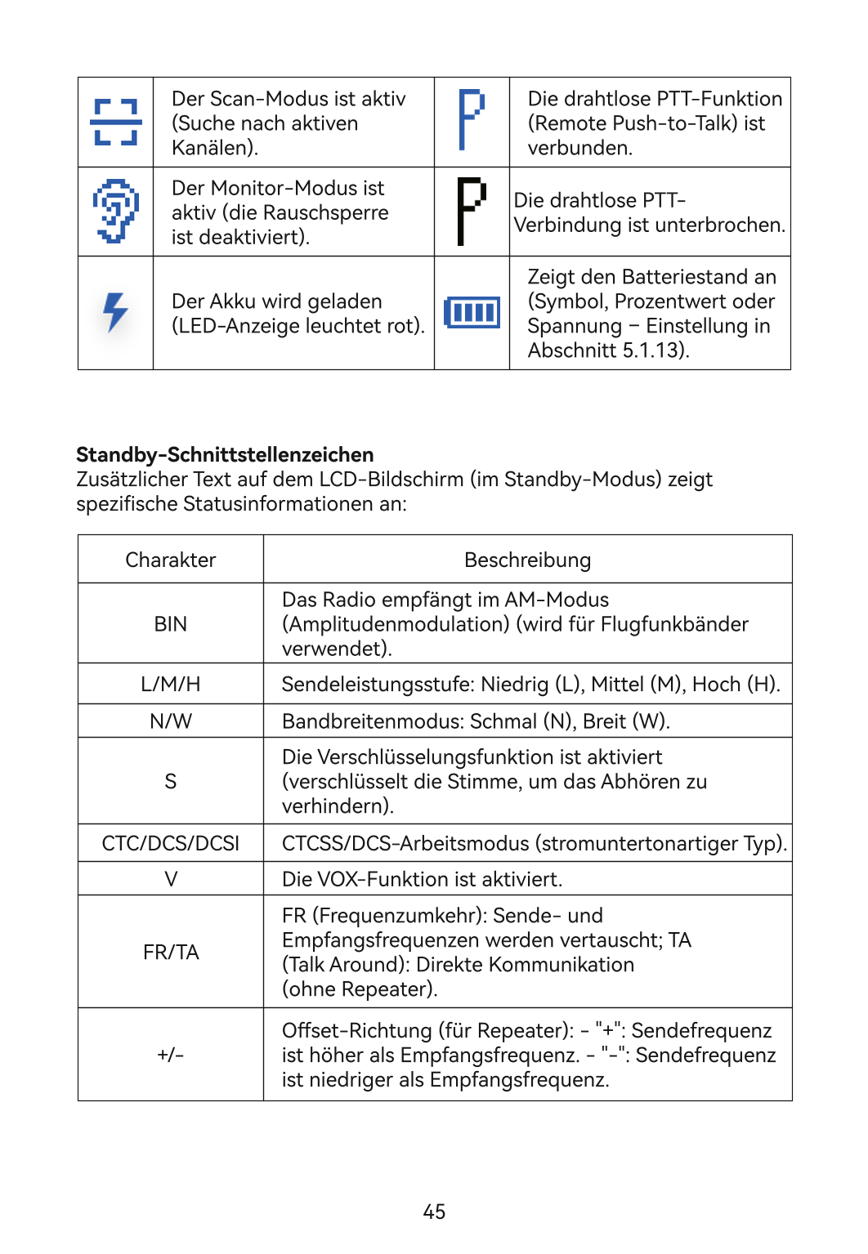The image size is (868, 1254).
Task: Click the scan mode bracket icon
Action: [115, 123]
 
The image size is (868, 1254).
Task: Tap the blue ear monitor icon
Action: [115, 211]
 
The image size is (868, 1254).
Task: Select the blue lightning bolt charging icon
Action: [115, 311]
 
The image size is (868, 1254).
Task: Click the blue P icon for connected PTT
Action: [471, 119]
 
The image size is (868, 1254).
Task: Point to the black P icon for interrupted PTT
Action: [471, 211]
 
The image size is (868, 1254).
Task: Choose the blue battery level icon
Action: [472, 312]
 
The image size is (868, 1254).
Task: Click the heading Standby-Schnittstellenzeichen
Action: [225, 455]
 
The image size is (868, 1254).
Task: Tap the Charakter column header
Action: [171, 560]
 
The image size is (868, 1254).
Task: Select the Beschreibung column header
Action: [527, 560]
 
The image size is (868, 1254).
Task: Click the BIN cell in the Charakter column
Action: [171, 624]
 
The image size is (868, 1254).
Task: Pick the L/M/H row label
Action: [171, 684]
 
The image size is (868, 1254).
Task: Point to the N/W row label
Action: [171, 721]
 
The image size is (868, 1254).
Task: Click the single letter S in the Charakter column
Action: [171, 782]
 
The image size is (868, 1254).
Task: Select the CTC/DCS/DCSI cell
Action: [171, 843]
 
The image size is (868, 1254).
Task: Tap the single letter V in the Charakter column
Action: [171, 879]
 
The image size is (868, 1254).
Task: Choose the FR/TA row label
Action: [171, 953]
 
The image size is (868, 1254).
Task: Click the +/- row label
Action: [171, 1055]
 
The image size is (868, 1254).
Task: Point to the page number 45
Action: [434, 1212]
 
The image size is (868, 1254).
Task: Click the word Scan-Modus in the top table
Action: [261, 99]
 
